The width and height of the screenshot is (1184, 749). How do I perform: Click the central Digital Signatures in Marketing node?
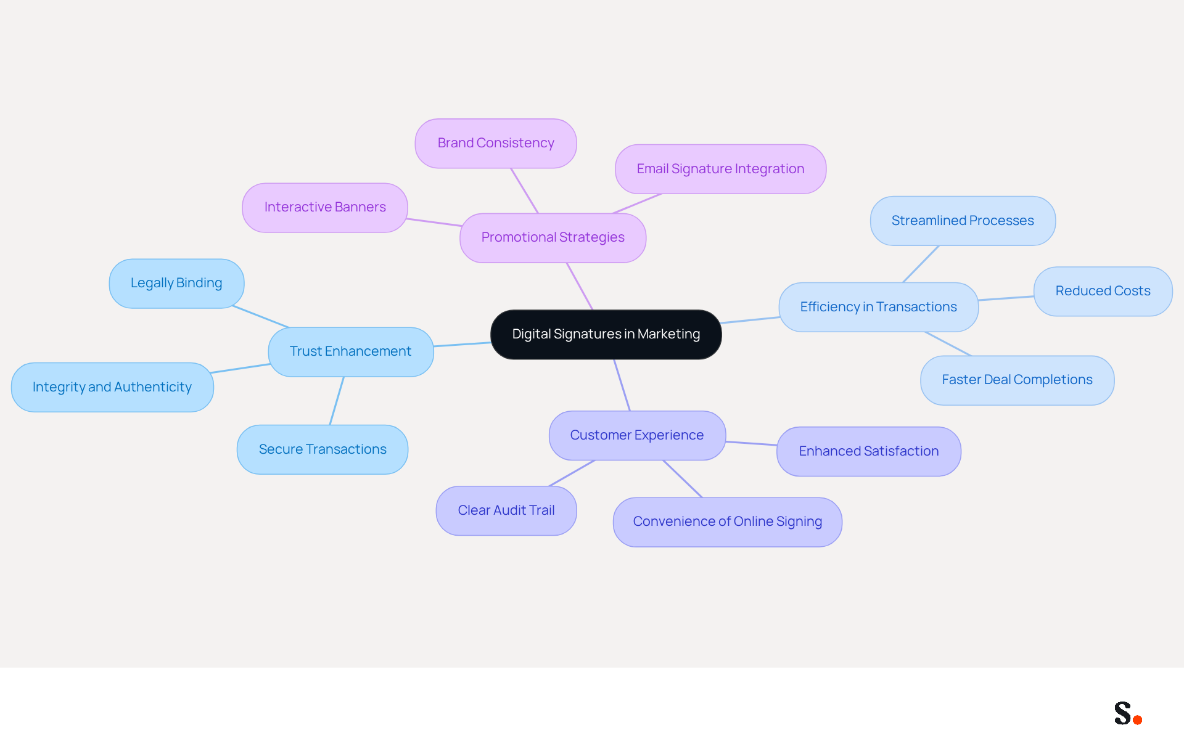coord(606,334)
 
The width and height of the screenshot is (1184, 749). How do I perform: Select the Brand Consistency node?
coord(496,143)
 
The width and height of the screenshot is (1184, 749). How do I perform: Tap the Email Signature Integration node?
coord(720,169)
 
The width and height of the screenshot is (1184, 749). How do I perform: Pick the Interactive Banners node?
coord(325,207)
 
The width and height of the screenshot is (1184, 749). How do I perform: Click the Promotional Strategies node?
coord(553,237)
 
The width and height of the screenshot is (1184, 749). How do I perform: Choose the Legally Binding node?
coord(176,283)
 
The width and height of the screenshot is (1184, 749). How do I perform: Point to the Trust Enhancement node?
coord(350,351)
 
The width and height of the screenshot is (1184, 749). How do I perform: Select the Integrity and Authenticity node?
coord(112,387)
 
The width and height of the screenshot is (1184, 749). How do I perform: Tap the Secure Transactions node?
coord(323,449)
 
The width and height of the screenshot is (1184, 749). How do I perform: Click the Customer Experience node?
coord(637,435)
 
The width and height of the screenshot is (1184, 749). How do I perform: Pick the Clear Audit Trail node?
coord(506,510)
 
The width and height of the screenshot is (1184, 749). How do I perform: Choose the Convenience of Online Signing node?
coord(728,522)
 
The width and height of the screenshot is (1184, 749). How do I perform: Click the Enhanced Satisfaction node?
coord(869,451)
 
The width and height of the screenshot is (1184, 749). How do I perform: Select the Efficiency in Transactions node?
coord(879,307)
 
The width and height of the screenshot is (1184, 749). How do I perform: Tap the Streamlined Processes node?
coord(963,221)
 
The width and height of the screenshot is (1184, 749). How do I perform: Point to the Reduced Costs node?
coord(1103,291)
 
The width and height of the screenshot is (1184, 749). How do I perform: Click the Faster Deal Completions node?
coord(1017,380)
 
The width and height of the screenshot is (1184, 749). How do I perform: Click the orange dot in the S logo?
coord(1138,719)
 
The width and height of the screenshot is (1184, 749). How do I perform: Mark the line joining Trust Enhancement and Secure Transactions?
coord(337,401)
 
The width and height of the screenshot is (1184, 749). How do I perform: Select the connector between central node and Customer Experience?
coord(622,385)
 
